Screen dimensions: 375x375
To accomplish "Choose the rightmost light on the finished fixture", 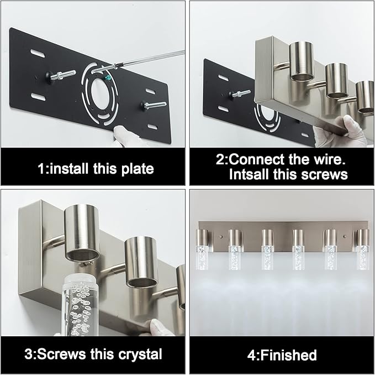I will click(362, 246).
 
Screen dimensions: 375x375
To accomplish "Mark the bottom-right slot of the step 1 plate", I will click(154, 127).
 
